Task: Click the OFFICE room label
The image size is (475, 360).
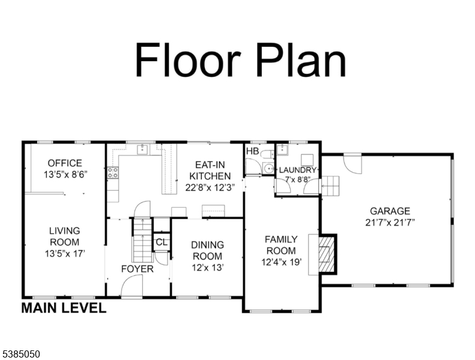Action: [x=65, y=163]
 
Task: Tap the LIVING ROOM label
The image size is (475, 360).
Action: [x=64, y=236]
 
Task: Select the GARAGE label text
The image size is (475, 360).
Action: [x=390, y=211]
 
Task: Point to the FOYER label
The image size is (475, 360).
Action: [x=138, y=269]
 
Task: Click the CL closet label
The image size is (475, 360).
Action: [x=162, y=242]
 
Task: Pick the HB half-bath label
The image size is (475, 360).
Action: [x=252, y=151]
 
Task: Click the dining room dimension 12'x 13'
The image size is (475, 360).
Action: [x=208, y=268]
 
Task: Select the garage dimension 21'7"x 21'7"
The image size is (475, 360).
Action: [x=390, y=223]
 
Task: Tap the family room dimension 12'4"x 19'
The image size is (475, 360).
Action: [x=282, y=262]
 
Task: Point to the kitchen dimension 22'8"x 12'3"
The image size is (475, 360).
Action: [x=210, y=187]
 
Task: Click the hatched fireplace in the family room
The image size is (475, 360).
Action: [x=327, y=254]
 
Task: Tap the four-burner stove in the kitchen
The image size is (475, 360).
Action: [x=113, y=173]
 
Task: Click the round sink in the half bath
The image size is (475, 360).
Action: [x=268, y=168]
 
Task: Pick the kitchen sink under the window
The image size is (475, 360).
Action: [x=142, y=149]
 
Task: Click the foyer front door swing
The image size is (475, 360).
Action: [x=132, y=287]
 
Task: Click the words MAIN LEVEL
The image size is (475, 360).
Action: [x=64, y=308]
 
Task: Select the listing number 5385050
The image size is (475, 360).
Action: [x=20, y=354]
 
